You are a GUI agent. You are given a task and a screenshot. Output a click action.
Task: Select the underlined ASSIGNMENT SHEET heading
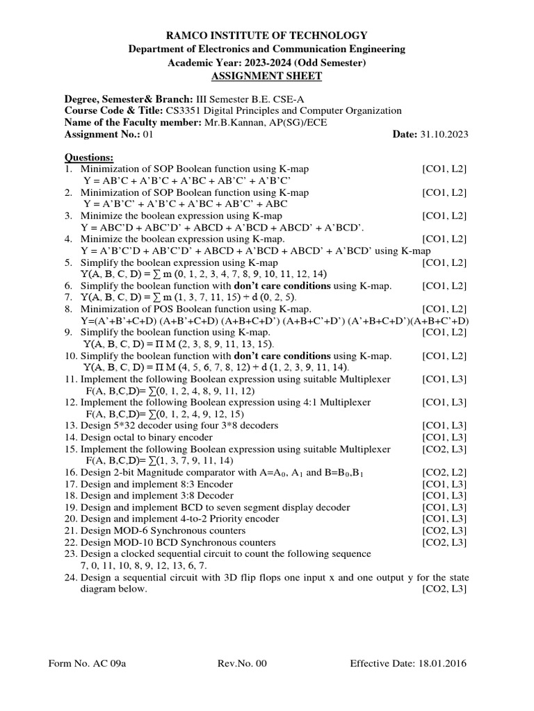point(268,76)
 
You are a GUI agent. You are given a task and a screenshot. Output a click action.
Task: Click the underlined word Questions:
point(89,157)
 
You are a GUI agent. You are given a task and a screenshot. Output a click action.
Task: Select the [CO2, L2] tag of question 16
point(444,472)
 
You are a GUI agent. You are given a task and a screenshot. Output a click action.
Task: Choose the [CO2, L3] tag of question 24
point(444,589)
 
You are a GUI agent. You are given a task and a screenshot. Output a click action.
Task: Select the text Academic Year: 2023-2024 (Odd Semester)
point(268,62)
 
